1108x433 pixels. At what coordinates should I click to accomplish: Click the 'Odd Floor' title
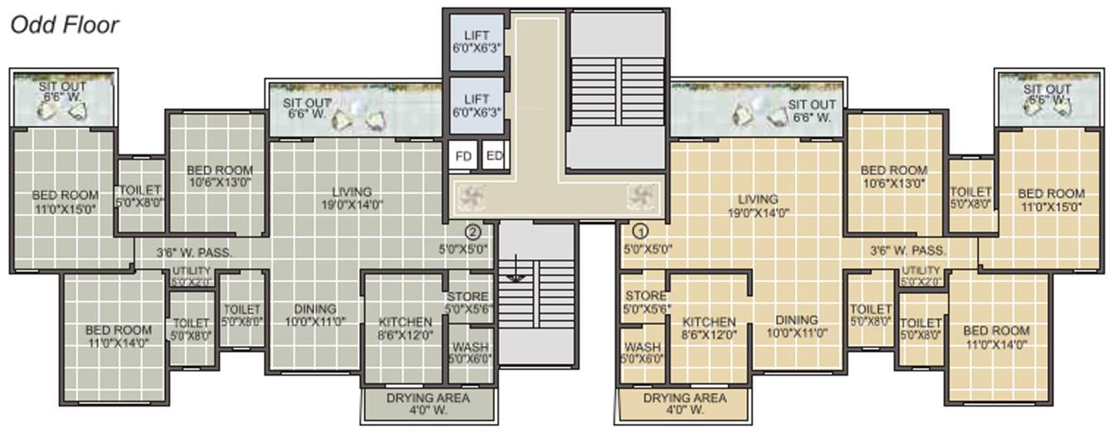64,25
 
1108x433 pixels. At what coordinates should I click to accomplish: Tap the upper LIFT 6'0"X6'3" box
477,41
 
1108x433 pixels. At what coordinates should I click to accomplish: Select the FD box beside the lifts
464,155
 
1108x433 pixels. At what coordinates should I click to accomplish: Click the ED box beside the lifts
493,155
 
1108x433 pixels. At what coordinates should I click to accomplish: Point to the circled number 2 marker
473,232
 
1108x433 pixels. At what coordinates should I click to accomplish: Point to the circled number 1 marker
640,232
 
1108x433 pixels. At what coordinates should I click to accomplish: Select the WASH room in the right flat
643,353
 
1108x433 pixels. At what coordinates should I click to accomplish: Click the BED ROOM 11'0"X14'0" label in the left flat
119,336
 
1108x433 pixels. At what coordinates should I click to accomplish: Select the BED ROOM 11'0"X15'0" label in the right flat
1051,200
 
